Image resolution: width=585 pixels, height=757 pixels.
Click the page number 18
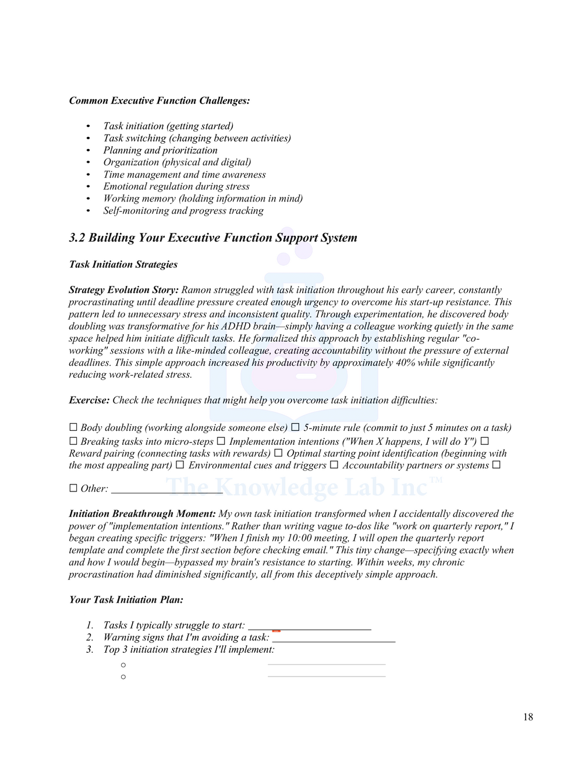click(x=527, y=717)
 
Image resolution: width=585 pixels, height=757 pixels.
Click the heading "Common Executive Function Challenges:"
click(x=159, y=101)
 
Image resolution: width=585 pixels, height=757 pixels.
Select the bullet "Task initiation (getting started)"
click(x=168, y=126)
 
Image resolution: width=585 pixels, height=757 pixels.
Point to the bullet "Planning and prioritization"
click(x=160, y=150)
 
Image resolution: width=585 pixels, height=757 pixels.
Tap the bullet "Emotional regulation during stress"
click(x=176, y=186)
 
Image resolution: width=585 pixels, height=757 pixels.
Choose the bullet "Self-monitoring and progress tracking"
click(x=183, y=211)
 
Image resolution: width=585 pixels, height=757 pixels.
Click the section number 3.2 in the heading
click(x=77, y=238)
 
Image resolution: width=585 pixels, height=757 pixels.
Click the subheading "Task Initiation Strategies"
click(x=123, y=264)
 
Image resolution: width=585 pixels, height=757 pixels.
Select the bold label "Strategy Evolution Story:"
click(x=123, y=290)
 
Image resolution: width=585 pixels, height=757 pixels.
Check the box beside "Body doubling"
click(x=73, y=427)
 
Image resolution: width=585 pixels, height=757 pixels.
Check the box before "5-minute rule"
click(x=296, y=427)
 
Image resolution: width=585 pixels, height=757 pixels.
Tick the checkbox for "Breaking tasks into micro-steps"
click(x=73, y=441)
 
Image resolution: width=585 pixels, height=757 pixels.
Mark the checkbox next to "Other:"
click(x=73, y=488)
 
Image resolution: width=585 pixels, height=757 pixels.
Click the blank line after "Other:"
click(x=166, y=490)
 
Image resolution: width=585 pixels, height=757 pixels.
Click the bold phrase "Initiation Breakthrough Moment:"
click(x=142, y=514)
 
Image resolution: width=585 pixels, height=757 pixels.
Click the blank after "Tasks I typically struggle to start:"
click(x=310, y=627)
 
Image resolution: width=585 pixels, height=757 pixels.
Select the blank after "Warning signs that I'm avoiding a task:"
click(x=334, y=639)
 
